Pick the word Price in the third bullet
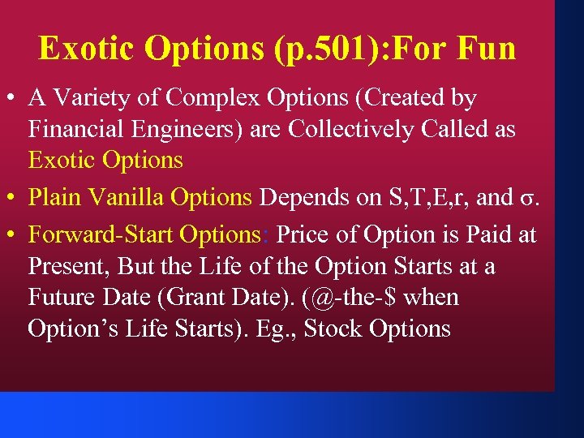click(x=306, y=234)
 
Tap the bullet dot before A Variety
click(x=14, y=99)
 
